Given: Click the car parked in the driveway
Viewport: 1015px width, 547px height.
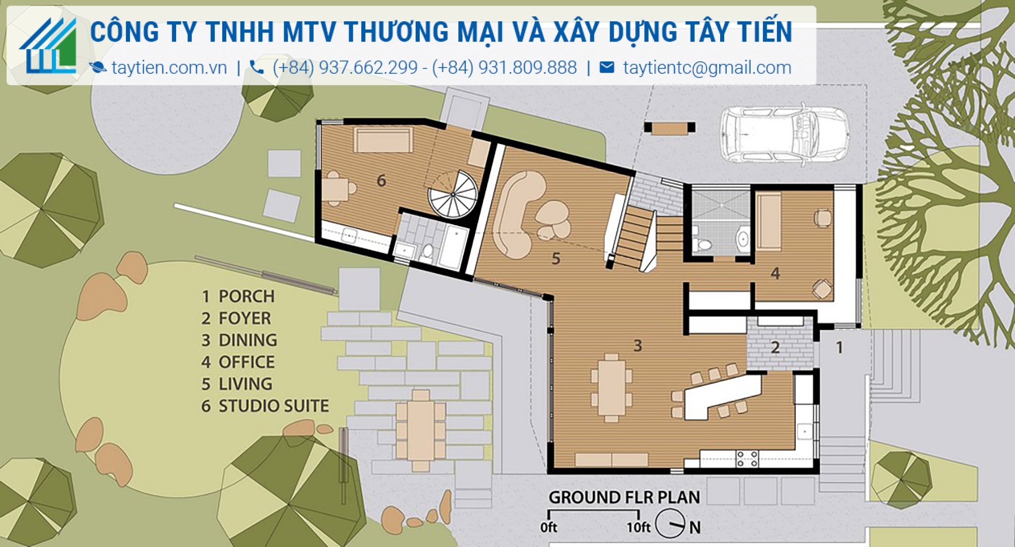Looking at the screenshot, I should click(784, 134).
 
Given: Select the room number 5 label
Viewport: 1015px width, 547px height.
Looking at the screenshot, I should click(556, 259).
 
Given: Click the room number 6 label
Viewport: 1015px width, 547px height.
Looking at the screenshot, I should click(381, 181).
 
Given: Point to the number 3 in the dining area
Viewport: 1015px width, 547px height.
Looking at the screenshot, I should click(638, 346).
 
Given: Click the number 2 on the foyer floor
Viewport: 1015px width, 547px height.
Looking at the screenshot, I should click(775, 348).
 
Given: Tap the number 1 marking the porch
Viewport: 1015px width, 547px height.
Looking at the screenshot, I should click(839, 348).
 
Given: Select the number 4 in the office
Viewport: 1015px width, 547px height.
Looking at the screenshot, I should click(775, 273).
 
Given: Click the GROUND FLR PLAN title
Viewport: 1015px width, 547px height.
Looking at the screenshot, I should click(624, 497).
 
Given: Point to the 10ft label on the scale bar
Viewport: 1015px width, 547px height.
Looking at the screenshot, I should click(638, 528).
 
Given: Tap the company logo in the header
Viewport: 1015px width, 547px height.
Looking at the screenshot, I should click(49, 46).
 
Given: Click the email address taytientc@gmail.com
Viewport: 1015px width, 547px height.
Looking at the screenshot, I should click(707, 67).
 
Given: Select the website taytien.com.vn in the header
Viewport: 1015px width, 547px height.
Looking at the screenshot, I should click(168, 67).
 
